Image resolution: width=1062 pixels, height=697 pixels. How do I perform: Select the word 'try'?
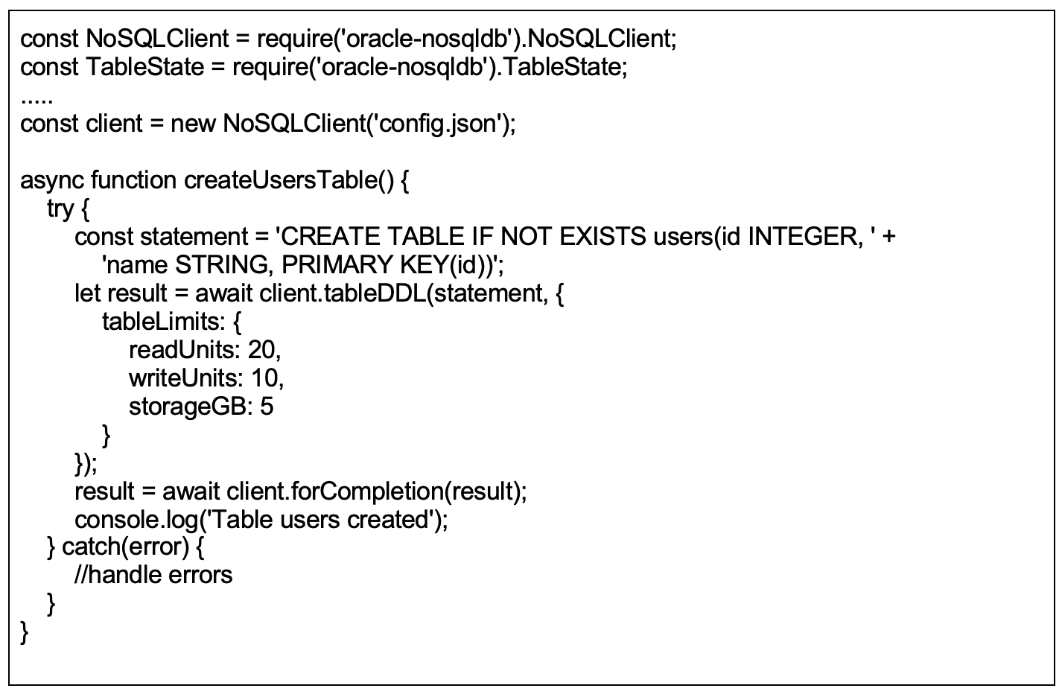(60, 209)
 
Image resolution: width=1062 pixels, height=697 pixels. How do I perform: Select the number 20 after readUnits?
(261, 350)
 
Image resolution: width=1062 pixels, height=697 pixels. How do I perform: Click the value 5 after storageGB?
(267, 407)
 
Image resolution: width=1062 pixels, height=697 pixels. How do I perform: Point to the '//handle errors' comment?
(153, 576)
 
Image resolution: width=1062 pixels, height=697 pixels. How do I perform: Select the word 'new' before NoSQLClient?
(193, 123)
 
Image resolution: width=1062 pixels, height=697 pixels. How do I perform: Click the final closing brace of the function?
(25, 634)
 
